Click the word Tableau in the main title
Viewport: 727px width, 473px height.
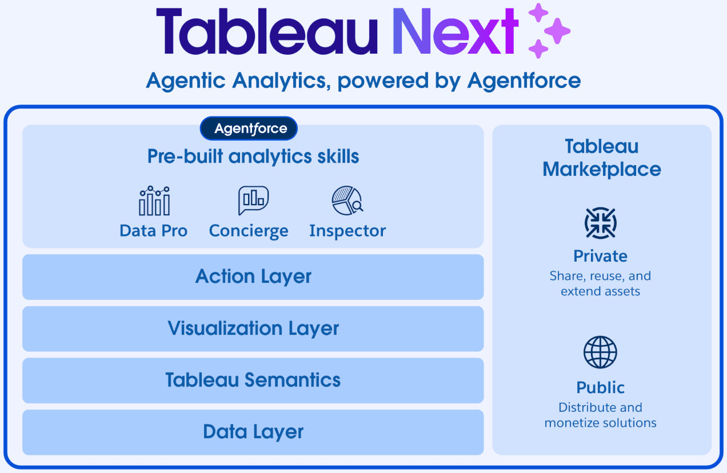267,31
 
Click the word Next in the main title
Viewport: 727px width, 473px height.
456,31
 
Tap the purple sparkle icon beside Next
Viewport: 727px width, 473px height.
549,30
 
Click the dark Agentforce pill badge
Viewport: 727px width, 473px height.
249,129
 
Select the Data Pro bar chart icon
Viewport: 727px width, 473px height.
154,201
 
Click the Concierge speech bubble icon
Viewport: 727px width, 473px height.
253,200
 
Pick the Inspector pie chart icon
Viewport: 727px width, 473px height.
347,200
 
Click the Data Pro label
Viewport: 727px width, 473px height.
154,231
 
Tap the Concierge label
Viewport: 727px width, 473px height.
249,231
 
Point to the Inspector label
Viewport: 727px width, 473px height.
347,231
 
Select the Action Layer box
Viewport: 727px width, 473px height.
253,276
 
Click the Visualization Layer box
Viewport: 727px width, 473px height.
253,328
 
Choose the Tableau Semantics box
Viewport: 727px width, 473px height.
253,380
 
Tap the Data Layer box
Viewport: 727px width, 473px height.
253,432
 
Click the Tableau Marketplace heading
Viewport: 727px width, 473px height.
602,158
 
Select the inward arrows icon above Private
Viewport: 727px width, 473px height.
601,223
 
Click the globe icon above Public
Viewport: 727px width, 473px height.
601,352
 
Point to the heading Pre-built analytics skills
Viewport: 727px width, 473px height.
253,157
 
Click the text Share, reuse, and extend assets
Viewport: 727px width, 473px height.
601,283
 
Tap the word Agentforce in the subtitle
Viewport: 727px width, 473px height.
524,81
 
